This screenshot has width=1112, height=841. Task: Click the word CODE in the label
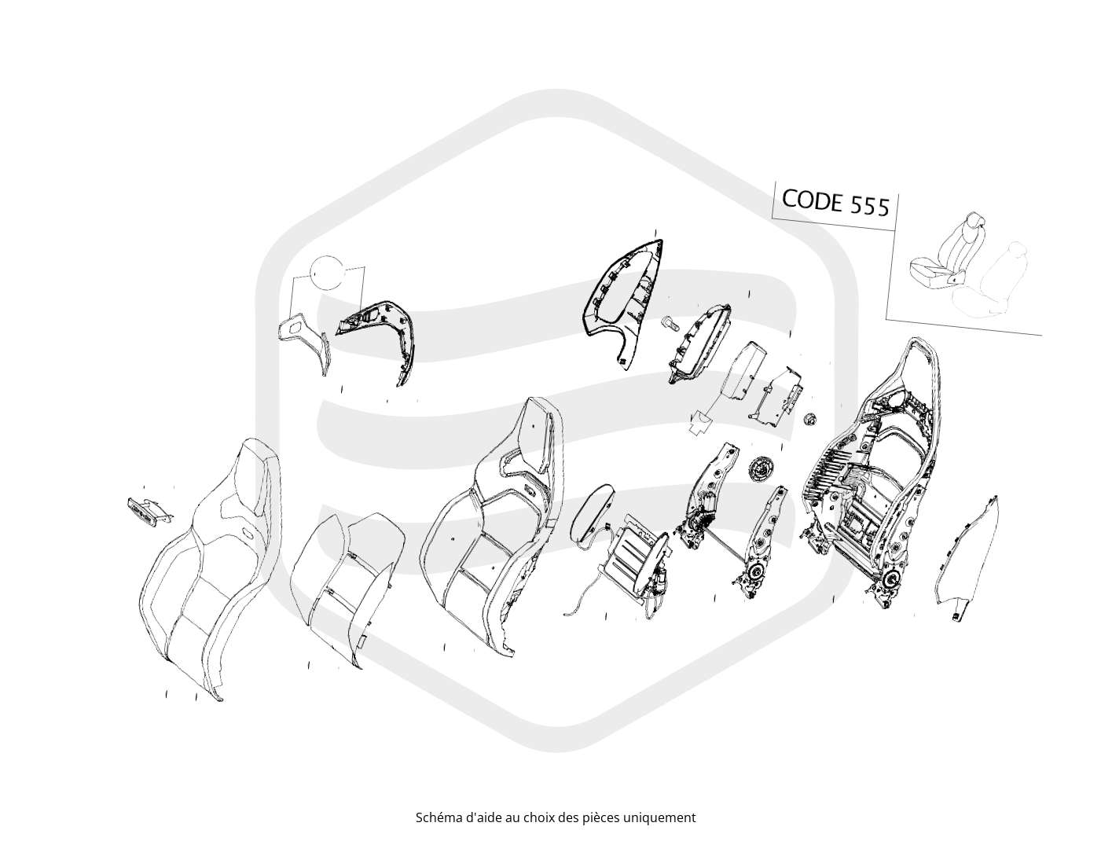click(811, 200)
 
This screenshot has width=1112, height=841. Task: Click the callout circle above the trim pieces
click(328, 272)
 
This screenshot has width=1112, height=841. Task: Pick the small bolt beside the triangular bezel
click(667, 323)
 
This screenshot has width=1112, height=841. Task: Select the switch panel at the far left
click(148, 509)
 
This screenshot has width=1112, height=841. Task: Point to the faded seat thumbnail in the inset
click(992, 281)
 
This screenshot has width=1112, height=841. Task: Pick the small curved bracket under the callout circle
click(304, 341)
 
